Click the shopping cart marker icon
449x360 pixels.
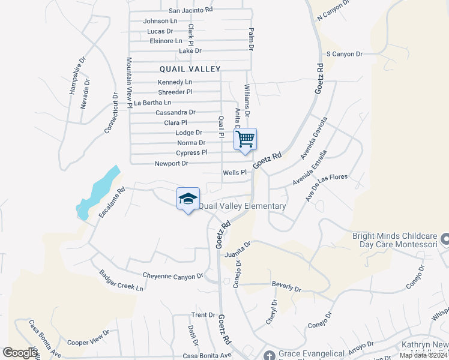point(246,139)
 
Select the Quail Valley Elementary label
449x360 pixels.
point(242,206)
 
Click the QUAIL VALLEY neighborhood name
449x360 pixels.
point(190,69)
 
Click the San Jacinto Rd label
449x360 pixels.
point(190,10)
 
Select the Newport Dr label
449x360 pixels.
point(172,163)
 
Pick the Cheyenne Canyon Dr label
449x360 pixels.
point(173,277)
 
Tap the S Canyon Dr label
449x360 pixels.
point(344,54)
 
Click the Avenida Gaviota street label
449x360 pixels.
point(314,134)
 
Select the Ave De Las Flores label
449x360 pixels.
point(328,188)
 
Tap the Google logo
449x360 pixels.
point(20,353)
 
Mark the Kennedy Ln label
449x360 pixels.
point(175,82)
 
